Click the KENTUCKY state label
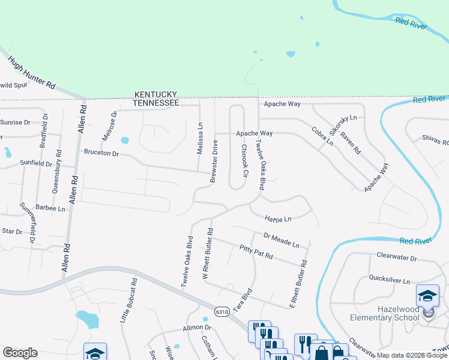click(155, 95)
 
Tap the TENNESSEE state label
click(155, 103)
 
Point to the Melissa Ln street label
click(200, 139)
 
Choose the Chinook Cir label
click(244, 161)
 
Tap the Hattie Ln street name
click(278, 219)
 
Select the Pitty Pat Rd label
click(256, 252)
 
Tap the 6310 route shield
click(222, 312)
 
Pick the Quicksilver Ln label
click(389, 280)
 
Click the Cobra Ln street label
click(322, 136)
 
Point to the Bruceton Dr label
click(101, 153)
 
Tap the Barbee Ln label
click(50, 208)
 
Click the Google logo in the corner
click(20, 352)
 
